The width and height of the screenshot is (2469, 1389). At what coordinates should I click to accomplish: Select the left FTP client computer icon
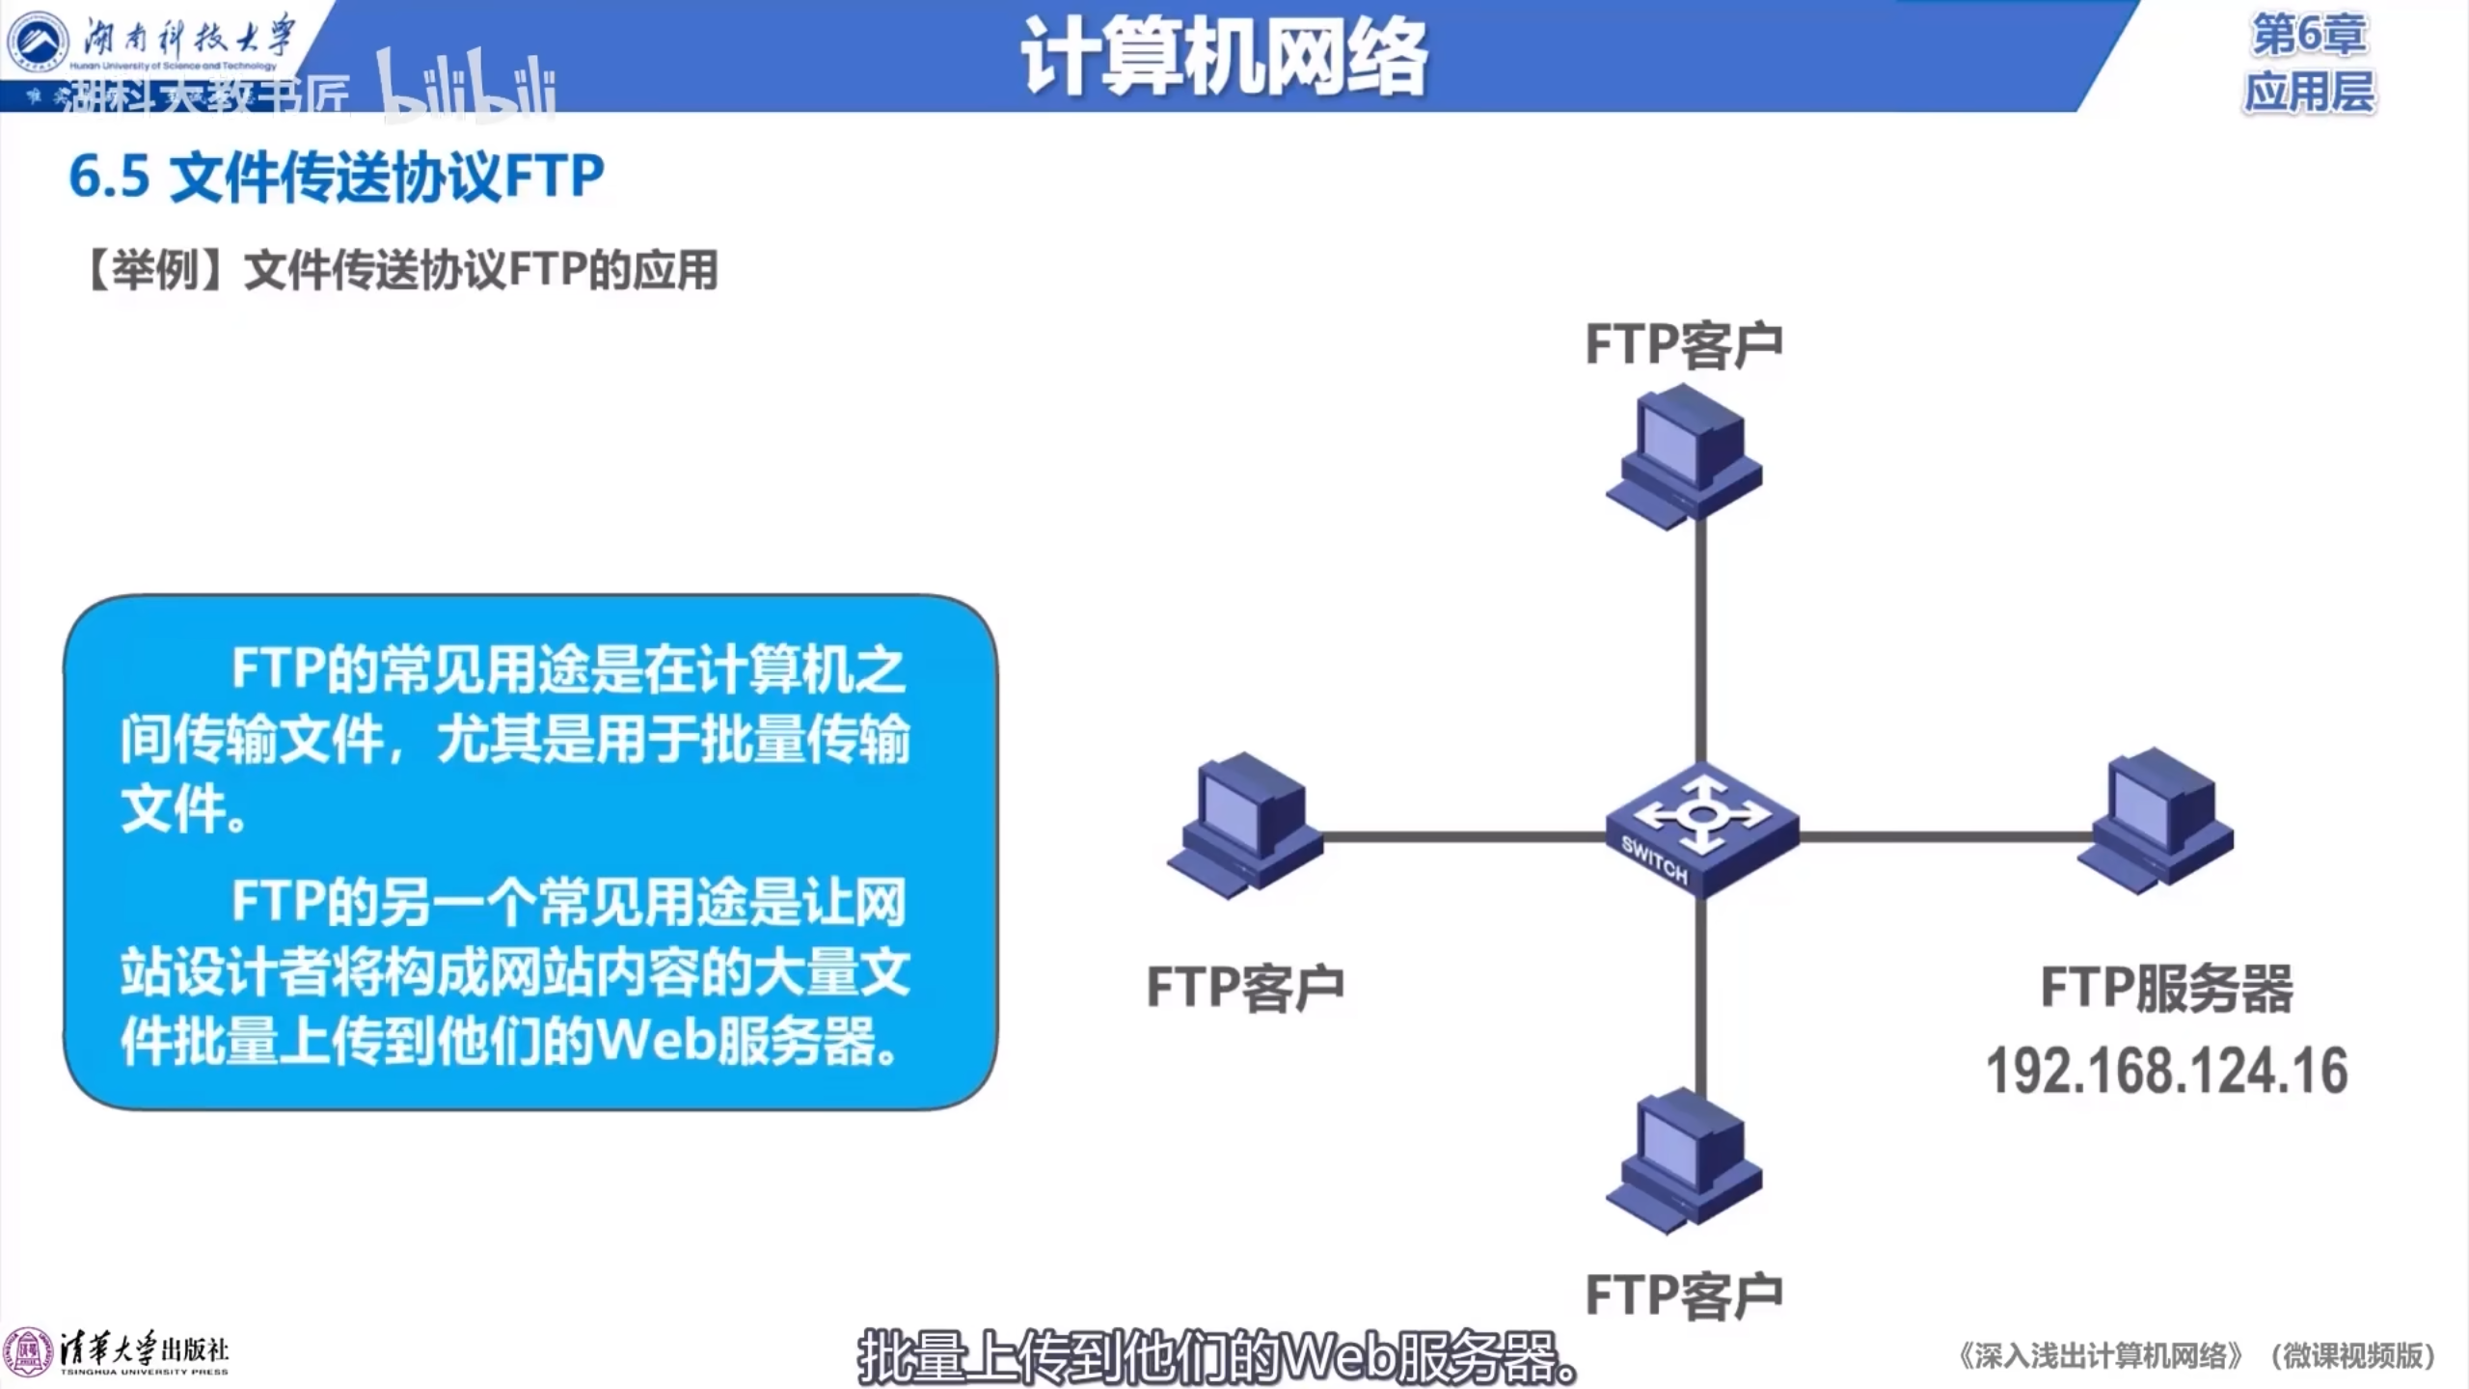tap(1244, 825)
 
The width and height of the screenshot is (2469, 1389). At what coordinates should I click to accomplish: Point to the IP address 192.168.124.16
tap(2166, 1072)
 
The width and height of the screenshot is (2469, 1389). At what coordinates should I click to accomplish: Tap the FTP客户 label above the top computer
tap(1684, 345)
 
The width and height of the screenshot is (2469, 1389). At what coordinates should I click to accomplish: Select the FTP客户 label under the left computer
tap(1245, 987)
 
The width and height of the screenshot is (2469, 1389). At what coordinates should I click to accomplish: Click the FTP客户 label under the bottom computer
tap(1684, 1295)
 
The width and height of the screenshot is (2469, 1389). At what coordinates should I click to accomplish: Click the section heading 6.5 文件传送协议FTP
tap(337, 177)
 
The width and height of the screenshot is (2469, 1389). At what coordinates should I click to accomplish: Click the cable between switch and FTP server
tap(1939, 836)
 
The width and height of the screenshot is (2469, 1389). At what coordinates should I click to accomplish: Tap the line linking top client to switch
tap(1701, 637)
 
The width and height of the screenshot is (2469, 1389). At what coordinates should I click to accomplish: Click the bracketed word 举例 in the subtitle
tap(156, 271)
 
